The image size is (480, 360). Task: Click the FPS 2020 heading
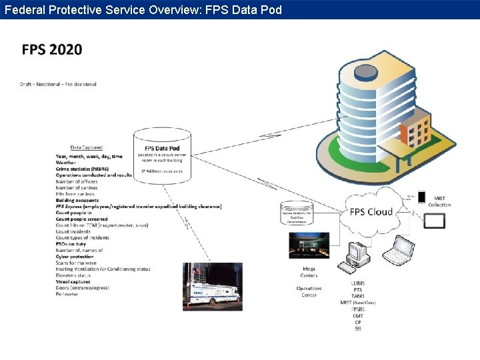pos(52,50)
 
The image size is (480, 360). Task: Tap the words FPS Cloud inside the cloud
pos(371,212)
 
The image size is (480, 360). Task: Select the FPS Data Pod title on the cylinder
pos(161,148)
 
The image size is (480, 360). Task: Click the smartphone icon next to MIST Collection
pos(421,197)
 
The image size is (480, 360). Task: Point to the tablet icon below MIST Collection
pos(434,220)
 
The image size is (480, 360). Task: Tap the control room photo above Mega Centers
pos(309,245)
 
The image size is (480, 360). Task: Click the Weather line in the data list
pos(66,163)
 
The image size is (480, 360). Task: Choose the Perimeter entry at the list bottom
pos(67,294)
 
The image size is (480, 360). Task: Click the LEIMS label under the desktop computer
pos(358,283)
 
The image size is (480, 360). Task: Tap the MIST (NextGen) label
pos(358,303)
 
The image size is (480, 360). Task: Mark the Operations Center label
pos(309,292)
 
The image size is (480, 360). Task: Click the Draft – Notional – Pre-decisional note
pos(58,85)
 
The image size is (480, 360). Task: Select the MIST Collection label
pos(439,201)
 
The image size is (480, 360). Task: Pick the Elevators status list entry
pos(73,275)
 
